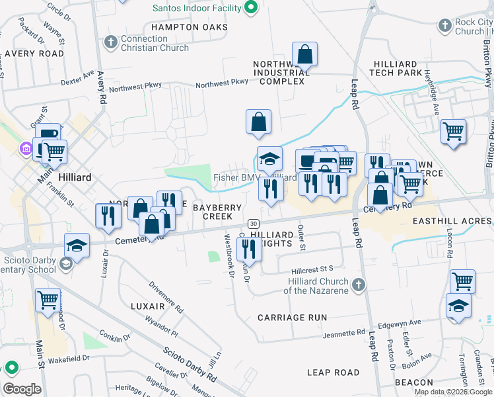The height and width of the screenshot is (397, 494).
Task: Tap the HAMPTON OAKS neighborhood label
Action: point(189,27)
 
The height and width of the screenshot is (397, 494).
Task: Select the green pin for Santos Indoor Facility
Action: point(250,8)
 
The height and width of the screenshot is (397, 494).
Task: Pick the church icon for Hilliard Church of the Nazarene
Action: point(359,285)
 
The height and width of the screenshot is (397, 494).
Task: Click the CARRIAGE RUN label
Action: point(292,318)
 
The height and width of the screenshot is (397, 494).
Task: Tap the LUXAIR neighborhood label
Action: point(147,307)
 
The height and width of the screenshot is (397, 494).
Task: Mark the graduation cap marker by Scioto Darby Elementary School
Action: point(77,246)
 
